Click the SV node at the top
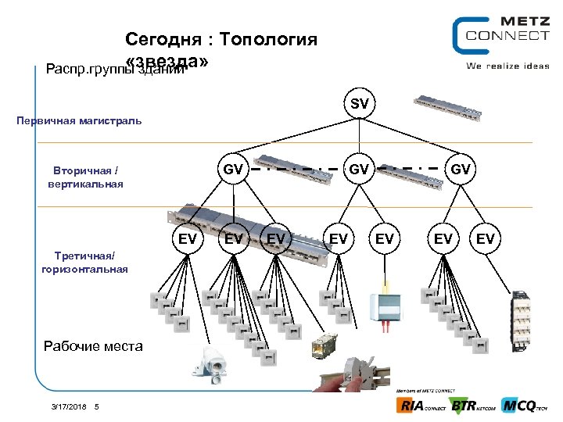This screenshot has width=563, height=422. coord(359,104)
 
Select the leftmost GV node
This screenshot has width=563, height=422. coord(232,168)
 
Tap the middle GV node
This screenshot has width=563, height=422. coord(359,168)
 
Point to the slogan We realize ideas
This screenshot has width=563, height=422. coord(507,66)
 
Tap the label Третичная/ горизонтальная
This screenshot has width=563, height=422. coord(84,262)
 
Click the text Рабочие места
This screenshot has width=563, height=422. coord(93,345)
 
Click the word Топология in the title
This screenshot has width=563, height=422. coord(268,39)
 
